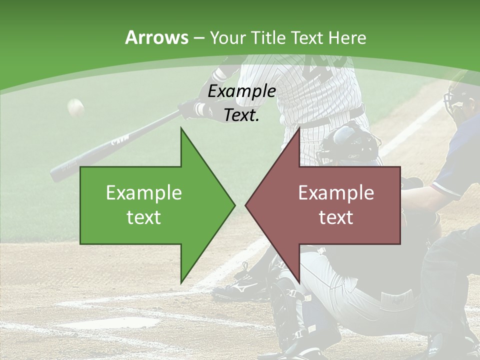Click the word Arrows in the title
(156, 37)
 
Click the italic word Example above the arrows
(241, 91)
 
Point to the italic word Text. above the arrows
(241, 115)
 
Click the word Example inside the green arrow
(144, 193)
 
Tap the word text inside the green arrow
(144, 217)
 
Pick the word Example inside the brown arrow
(336, 193)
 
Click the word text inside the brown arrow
(336, 217)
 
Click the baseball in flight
(75, 107)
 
